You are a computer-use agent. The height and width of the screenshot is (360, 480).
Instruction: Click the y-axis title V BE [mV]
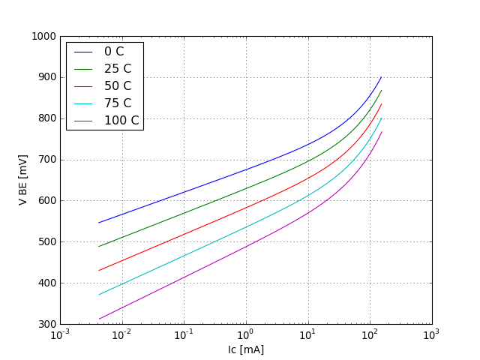click(23, 180)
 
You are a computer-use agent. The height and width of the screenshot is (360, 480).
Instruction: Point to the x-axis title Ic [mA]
click(246, 349)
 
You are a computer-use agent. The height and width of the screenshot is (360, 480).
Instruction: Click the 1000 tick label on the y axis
click(43, 36)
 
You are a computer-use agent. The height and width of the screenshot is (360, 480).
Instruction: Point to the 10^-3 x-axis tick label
click(60, 335)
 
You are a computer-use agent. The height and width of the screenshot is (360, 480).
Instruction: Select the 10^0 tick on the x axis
click(246, 335)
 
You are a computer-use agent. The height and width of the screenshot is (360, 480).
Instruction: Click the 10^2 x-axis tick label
click(370, 335)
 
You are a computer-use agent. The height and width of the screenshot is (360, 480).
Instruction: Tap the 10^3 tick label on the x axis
click(431, 335)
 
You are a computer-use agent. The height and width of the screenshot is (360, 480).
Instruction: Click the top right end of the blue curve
click(381, 76)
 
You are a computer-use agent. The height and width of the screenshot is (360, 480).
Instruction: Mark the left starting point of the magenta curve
click(98, 319)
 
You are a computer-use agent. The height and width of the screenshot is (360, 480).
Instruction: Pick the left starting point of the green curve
click(98, 246)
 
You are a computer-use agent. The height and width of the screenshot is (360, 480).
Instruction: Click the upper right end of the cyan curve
click(381, 118)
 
